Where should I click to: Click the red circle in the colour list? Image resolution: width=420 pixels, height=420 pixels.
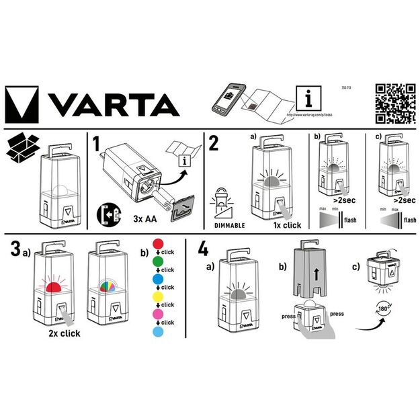pos(159,243)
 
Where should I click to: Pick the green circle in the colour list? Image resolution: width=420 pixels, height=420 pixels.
pos(159,260)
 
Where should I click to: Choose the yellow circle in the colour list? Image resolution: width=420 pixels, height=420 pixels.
pos(159,295)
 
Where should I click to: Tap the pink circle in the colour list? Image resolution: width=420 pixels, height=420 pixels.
pos(159,313)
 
